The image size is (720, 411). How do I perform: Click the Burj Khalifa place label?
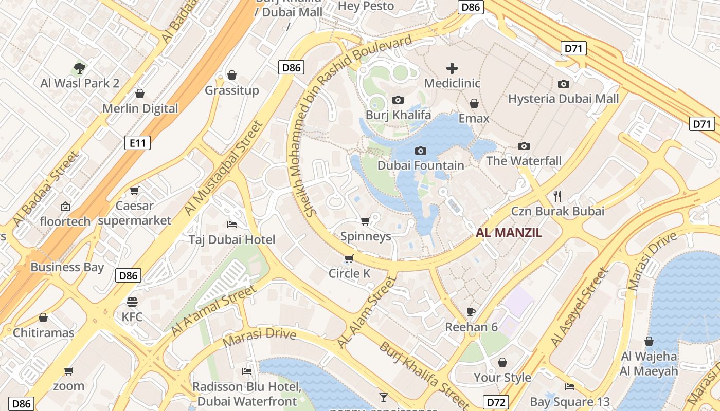pos(398,115)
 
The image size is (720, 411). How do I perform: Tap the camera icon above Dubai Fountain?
pos(421,151)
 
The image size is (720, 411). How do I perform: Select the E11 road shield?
pos(137,143)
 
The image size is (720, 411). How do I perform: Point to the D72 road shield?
pos(496,402)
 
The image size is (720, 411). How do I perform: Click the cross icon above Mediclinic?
pos(452,68)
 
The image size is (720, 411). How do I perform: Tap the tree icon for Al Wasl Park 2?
pos(79,67)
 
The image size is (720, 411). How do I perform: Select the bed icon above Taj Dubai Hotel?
pos(232,225)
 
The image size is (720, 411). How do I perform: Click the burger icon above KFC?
pos(132,302)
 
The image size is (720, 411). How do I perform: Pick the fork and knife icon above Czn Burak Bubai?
pos(557,196)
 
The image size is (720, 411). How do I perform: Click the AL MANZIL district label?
pos(509,233)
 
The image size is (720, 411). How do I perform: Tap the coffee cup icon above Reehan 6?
pos(471,312)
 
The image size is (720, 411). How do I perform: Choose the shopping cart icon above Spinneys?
pos(365,221)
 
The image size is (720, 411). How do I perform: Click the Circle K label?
pos(349,273)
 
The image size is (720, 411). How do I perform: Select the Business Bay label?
pos(67,267)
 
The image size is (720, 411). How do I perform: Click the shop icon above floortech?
pos(65,207)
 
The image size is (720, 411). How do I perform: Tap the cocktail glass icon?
pos(383,397)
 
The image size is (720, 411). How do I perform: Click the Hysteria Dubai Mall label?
pos(563,99)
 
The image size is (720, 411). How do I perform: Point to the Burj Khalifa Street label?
pos(418,372)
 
